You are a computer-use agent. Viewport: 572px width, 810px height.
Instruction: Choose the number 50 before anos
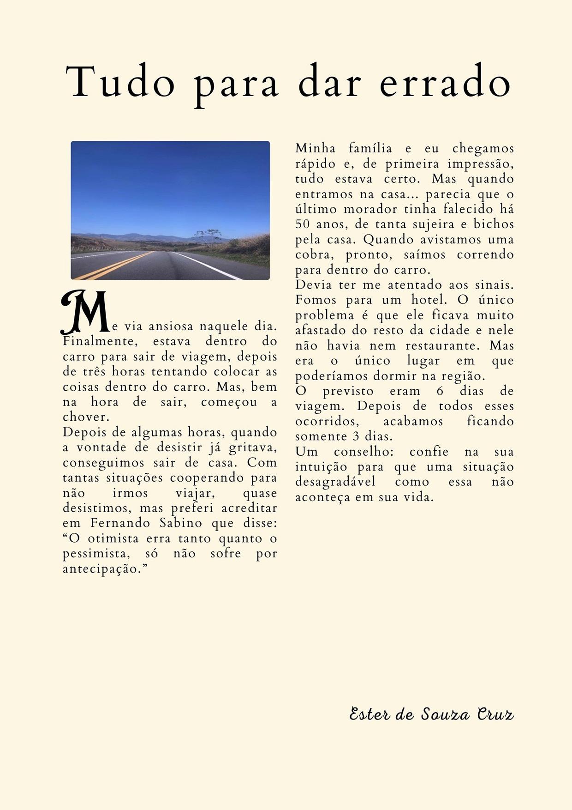point(303,224)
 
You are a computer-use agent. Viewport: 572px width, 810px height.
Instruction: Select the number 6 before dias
point(440,391)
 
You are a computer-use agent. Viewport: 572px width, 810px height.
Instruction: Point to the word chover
point(86,417)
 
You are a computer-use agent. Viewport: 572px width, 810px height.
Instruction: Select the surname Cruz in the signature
point(495,714)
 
